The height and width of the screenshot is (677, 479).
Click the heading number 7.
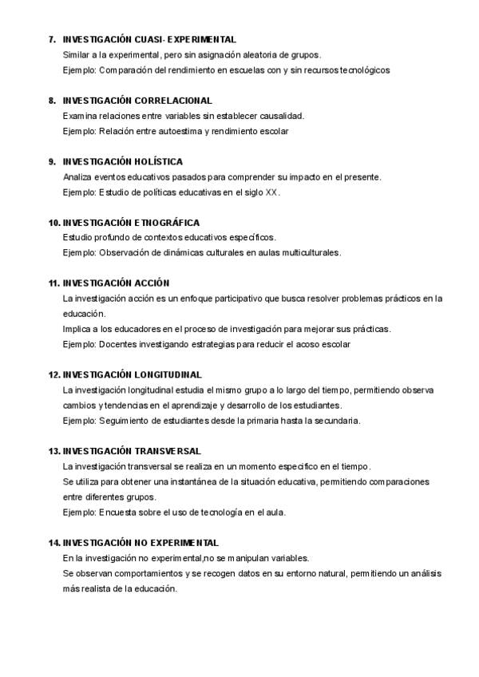[52, 39]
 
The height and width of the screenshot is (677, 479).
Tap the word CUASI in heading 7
[148, 39]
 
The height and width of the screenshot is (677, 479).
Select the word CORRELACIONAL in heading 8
[172, 101]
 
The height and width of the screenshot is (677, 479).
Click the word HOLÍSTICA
[158, 162]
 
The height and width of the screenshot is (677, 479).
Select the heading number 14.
[54, 543]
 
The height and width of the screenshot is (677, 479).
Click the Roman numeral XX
[271, 192]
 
